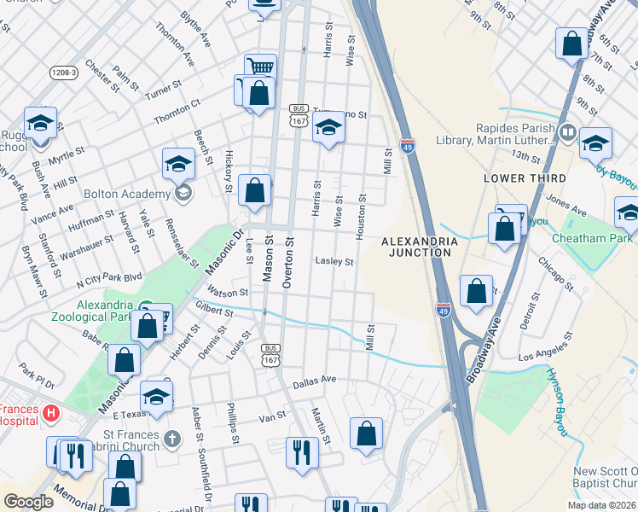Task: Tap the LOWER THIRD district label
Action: coord(525,178)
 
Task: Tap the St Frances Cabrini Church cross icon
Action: coord(172,439)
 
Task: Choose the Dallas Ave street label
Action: coord(316,380)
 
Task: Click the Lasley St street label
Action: coord(334,262)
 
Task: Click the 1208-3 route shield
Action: coord(63,73)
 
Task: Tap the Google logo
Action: coord(28,501)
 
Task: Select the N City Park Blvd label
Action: coord(109,279)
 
